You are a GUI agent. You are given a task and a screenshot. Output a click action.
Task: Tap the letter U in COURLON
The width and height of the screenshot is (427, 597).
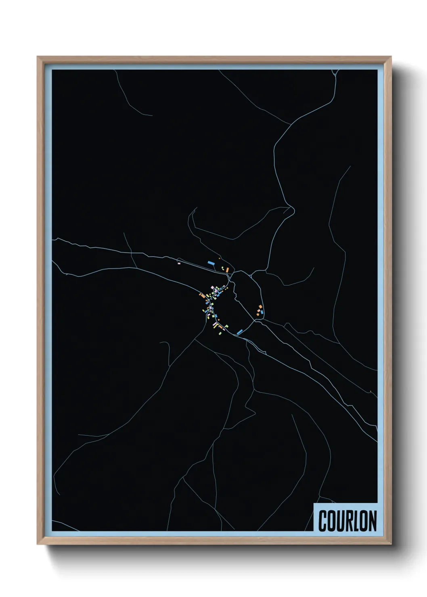pyautogui.click(x=342, y=521)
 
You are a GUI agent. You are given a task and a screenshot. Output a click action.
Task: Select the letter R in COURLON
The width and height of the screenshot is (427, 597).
pyautogui.click(x=352, y=521)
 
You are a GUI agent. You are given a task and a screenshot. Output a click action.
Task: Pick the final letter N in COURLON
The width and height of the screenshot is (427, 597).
pyautogui.click(x=373, y=521)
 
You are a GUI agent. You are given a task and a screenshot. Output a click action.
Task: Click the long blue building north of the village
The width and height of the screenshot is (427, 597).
pyautogui.click(x=210, y=263)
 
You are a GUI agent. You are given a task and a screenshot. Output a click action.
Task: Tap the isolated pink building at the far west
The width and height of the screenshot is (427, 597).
pyautogui.click(x=179, y=263)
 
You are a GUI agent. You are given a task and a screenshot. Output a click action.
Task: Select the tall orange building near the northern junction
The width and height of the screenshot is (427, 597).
pyautogui.click(x=227, y=269)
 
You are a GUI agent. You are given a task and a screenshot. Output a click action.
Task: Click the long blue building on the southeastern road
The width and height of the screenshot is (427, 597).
pyautogui.click(x=240, y=332)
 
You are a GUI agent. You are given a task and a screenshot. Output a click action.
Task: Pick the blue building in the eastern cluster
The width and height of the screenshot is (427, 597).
pyautogui.click(x=261, y=312)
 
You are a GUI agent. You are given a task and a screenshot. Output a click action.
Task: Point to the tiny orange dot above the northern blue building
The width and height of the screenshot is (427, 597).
pyautogui.click(x=219, y=258)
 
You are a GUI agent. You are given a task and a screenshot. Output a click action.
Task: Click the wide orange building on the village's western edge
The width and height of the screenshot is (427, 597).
pyautogui.click(x=201, y=296)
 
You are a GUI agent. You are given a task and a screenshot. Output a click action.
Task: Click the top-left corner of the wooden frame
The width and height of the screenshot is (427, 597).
pyautogui.click(x=38, y=57)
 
